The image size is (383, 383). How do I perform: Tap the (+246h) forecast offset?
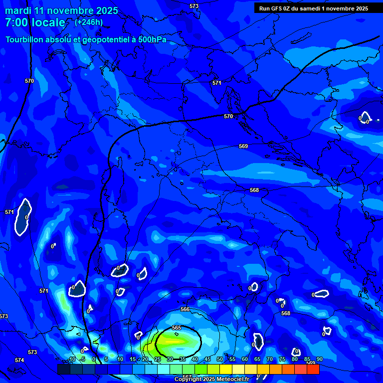coord(89,22)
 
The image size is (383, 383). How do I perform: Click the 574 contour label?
coord(19,360)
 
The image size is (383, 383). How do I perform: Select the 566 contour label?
coord(185,309)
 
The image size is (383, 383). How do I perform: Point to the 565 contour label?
coord(177,328)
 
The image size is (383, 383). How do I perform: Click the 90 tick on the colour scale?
coord(319,359)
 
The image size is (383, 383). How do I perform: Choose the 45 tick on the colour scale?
coord(207,359)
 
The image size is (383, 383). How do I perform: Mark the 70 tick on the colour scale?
coord(269,359)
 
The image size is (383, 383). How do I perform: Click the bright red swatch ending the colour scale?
coord(313,369)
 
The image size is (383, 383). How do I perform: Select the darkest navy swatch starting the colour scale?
coord(64,369)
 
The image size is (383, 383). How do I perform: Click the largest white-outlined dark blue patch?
coord(23,217)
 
